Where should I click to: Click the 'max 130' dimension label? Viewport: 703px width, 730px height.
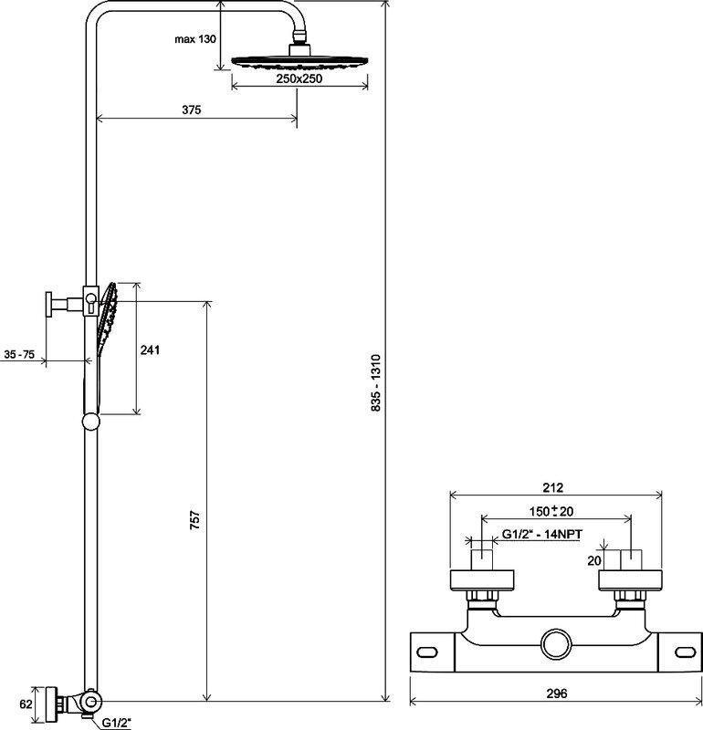pos(195,39)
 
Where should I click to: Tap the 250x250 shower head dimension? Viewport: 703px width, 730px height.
pos(299,78)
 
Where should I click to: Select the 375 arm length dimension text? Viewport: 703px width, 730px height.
pos(192,109)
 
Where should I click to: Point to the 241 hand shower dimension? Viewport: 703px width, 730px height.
pos(150,349)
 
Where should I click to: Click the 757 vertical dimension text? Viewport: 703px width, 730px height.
pos(195,519)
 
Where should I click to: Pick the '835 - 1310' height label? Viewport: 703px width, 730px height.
pos(376,382)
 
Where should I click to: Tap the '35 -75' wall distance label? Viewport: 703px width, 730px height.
pos(19,354)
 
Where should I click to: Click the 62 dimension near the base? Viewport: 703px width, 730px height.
pos(26,704)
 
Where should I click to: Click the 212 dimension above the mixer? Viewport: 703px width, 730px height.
pos(553,487)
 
